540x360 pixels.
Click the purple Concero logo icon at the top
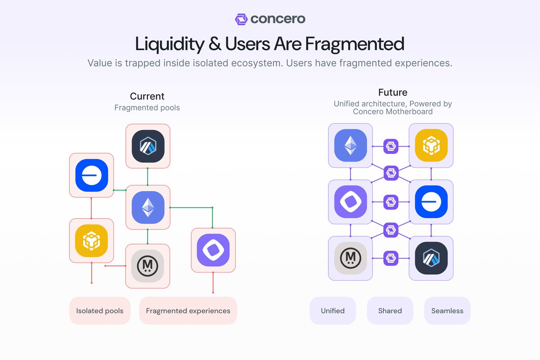[x=242, y=19]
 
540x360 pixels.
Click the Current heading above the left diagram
[x=147, y=96]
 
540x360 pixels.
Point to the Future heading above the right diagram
[x=393, y=93]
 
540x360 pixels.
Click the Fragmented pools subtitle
[x=147, y=108]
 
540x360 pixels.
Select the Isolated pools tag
[x=100, y=310]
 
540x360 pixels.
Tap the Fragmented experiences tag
[x=188, y=310]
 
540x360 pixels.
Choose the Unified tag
[x=333, y=310]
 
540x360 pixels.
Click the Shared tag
[x=390, y=310]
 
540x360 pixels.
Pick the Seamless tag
[x=447, y=310]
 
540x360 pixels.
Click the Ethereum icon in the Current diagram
[x=148, y=207]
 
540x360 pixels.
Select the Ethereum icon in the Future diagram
[x=351, y=146]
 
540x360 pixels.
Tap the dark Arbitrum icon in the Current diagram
[x=148, y=146]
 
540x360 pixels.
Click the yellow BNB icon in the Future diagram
[x=431, y=146]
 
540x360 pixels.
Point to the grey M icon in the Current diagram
[x=148, y=266]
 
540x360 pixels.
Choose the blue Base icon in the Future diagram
[x=431, y=202]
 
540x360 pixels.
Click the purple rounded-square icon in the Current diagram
[x=213, y=250]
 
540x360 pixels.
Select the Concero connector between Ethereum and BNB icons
[x=391, y=146]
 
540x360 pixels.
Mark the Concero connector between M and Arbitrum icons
[x=391, y=258]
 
